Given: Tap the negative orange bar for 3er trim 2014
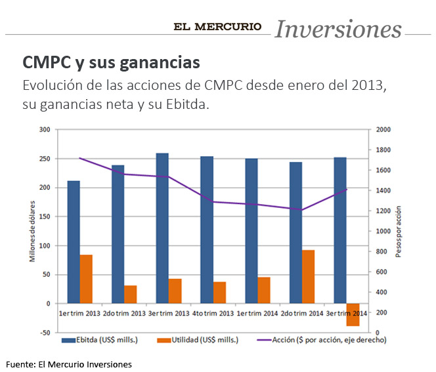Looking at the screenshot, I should tap(353, 315).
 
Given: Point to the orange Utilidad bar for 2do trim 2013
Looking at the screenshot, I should tap(131, 295).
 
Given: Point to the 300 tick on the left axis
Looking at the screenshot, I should tap(44, 130).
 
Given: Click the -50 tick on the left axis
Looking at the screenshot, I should tap(44, 333).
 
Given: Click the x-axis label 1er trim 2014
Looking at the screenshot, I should tap(257, 313).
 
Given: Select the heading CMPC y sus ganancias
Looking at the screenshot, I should tap(111, 62).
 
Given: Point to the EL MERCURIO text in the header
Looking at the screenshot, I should tap(217, 27).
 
